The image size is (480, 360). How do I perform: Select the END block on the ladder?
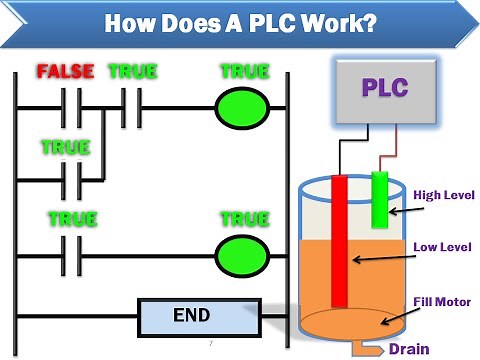pos(190,316)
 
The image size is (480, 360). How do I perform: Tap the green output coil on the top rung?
pos(244,108)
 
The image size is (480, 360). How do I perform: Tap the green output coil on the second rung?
pos(244,251)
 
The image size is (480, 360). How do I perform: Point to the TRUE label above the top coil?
pos(244,72)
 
